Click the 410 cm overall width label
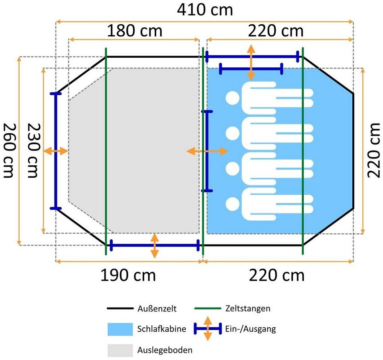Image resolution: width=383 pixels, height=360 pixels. pos(204,10)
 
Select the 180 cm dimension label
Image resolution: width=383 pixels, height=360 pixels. pos(134,30)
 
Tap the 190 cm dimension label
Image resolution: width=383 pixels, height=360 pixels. pos(128,275)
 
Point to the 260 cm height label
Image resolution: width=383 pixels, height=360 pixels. pos(10,150)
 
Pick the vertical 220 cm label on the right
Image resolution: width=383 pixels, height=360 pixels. pos(374,150)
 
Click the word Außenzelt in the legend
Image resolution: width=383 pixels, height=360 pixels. pos(157,309)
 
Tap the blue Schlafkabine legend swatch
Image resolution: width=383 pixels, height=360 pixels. pos(120,329)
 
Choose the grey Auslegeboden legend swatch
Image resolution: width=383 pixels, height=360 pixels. pos(120,350)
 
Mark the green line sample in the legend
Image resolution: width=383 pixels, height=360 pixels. pos(208,309)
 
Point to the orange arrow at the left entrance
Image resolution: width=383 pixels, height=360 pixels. pos(55,151)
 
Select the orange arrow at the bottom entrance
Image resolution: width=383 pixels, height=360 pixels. pos(155,246)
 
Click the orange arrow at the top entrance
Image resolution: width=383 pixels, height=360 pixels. pos(251,63)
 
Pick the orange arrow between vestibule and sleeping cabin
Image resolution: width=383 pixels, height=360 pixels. pos(207,151)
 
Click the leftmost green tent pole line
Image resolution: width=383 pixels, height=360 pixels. pos(106,151)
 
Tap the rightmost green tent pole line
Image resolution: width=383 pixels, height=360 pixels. pos(303,151)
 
